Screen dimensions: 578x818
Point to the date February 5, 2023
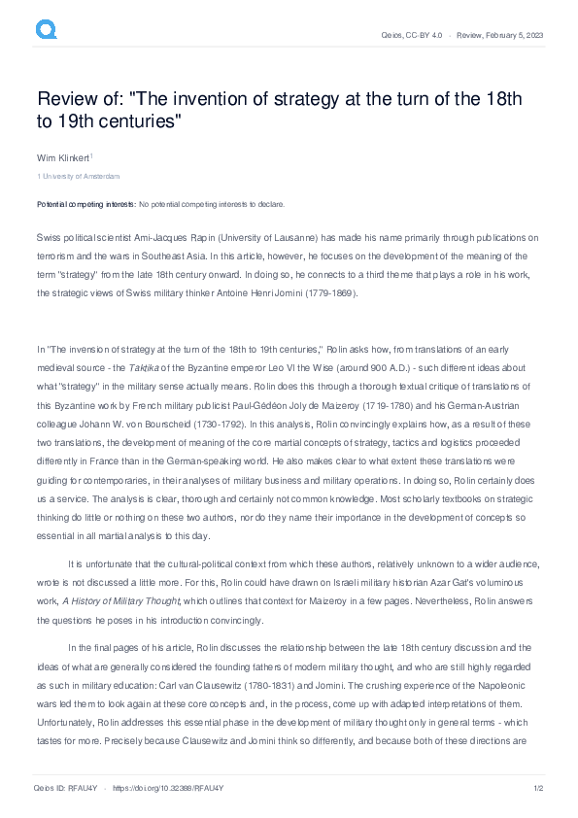click(x=518, y=35)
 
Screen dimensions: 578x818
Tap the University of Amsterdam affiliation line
click(x=80, y=176)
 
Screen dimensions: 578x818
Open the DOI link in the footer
click(x=155, y=788)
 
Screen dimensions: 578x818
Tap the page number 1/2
click(x=536, y=788)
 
